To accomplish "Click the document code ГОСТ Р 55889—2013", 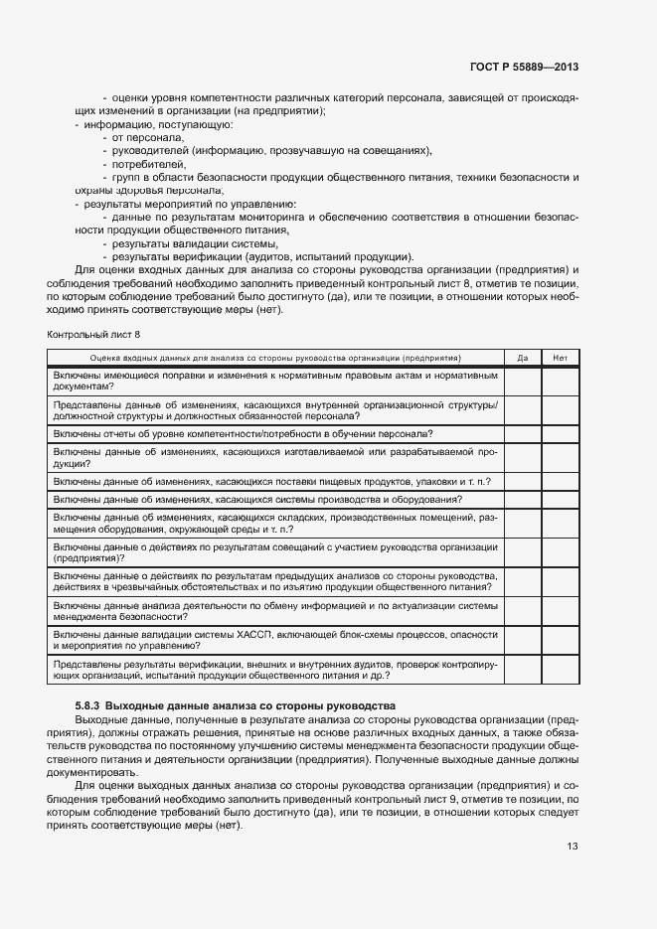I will pyautogui.click(x=524, y=67).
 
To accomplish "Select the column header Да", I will pyautogui.click(x=522, y=357).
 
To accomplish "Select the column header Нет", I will pyautogui.click(x=560, y=357).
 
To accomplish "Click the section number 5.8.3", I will pyautogui.click(x=82, y=705).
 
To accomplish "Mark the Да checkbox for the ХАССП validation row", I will pyautogui.click(x=522, y=639).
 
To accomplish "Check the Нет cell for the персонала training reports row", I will pyautogui.click(x=560, y=434).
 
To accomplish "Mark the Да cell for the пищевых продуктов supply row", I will pyautogui.click(x=522, y=481).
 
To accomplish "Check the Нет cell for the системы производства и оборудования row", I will pyautogui.click(x=560, y=500).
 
